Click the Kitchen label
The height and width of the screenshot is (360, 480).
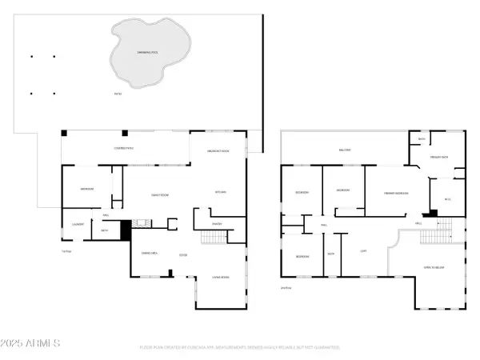pos(221,192)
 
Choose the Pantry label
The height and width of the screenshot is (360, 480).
pos(216,223)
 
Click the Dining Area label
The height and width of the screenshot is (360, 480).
pos(150,254)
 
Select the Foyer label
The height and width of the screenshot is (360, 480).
pos(182,255)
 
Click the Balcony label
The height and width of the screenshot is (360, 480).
pos(345,150)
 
